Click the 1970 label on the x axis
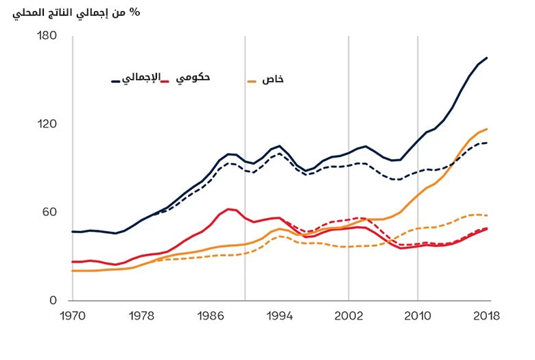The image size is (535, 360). point(71,316)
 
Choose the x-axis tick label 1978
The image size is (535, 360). point(141,316)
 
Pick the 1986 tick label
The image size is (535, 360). point(210,316)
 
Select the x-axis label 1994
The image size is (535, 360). point(279,316)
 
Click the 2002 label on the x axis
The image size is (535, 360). point(348,316)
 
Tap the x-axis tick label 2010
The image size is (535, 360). point(418,316)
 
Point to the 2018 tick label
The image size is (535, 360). point(486,316)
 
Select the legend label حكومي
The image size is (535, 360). point(193,78)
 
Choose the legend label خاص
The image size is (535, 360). point(273,80)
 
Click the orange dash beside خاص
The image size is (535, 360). point(251,82)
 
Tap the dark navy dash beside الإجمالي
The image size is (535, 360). point(116,82)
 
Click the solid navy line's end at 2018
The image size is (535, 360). point(487,58)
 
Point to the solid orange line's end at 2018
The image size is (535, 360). point(487,129)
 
